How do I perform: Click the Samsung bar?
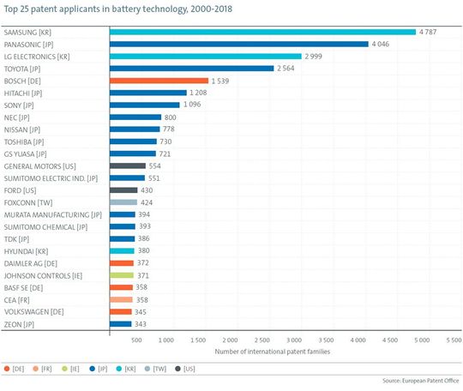pyautogui.click(x=262, y=32)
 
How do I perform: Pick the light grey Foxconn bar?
pyautogui.click(x=123, y=202)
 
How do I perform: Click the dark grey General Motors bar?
pyautogui.click(x=128, y=165)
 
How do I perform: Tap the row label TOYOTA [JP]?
pyautogui.click(x=24, y=68)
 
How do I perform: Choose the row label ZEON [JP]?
pyautogui.click(x=21, y=323)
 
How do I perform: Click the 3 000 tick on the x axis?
pyautogui.click(x=297, y=340)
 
